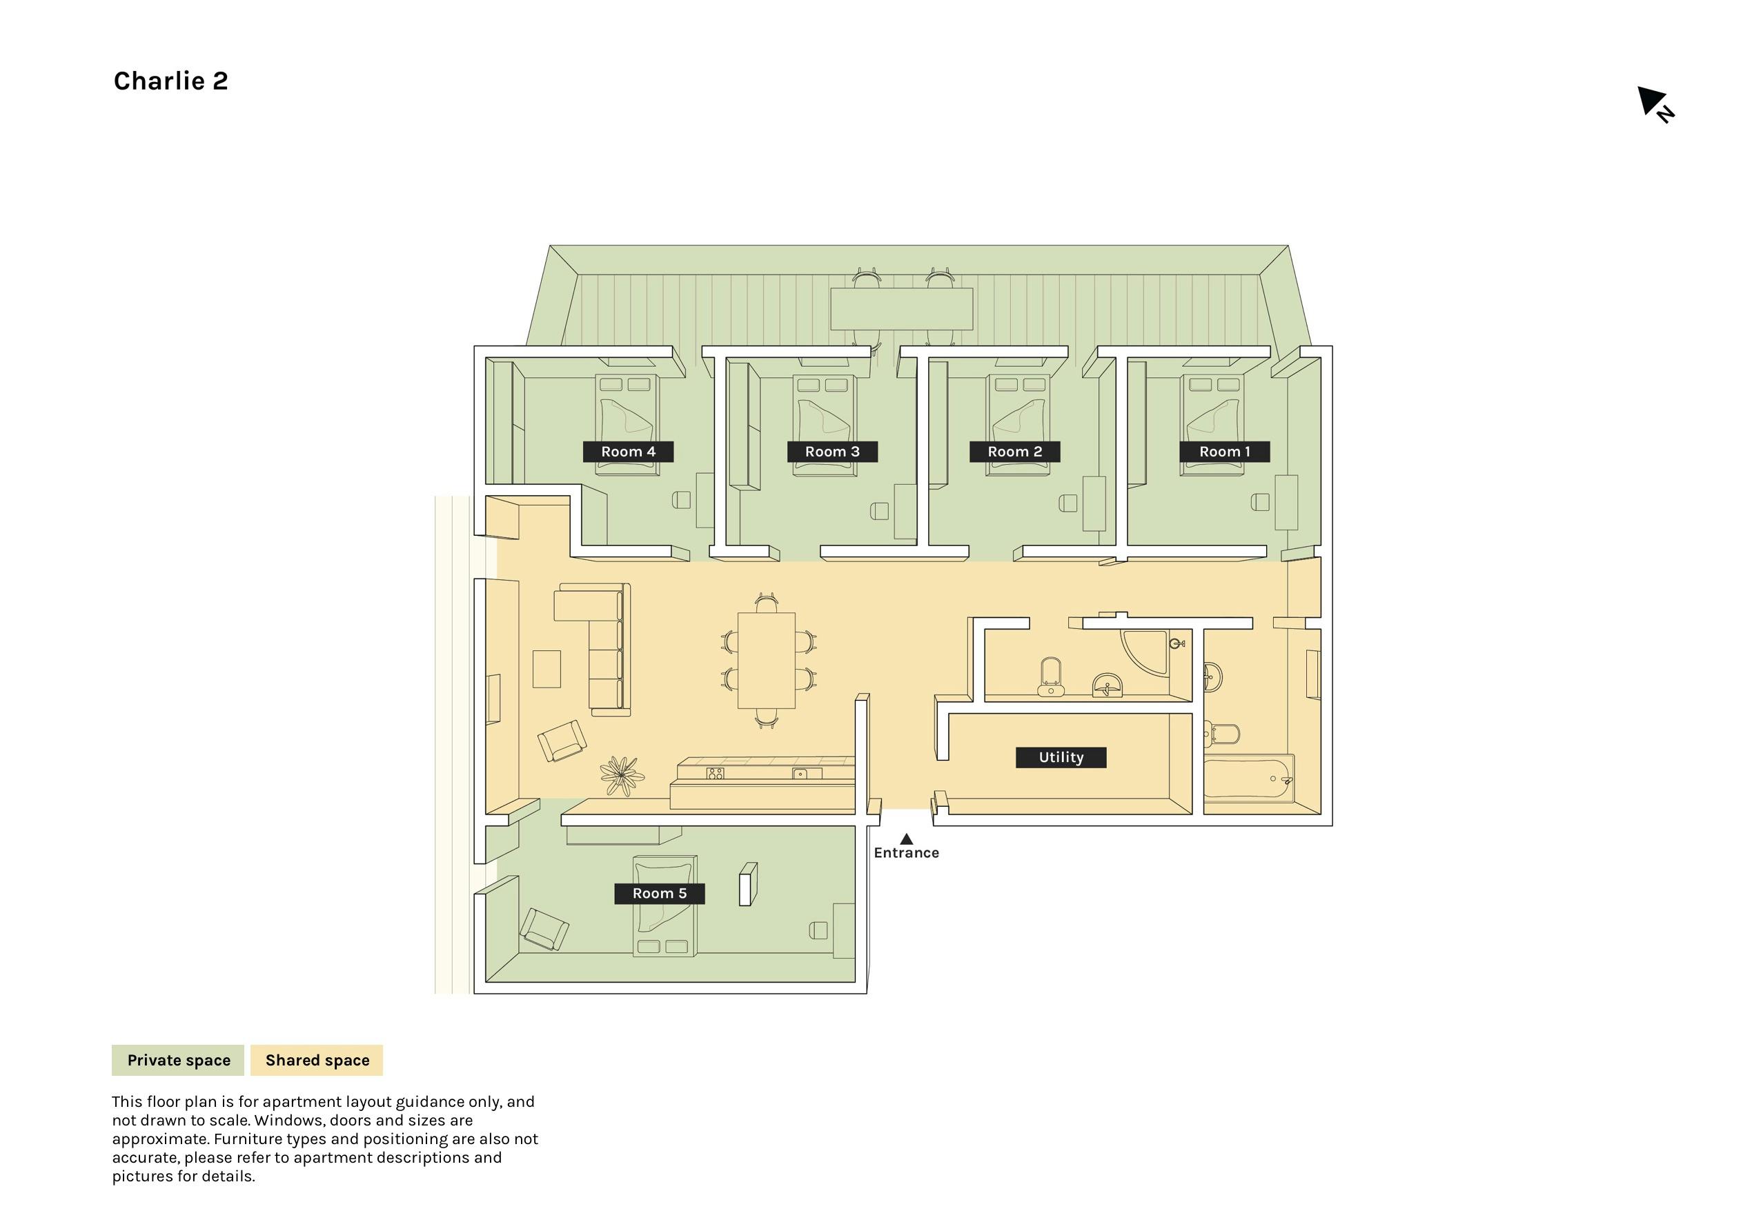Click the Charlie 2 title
point(171,81)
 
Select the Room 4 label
point(628,452)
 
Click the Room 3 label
point(832,452)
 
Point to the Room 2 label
point(1014,452)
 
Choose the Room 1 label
point(1225,452)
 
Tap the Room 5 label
point(660,893)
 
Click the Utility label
point(1061,757)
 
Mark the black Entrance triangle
point(907,839)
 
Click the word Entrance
point(907,853)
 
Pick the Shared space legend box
point(317,1060)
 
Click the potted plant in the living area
point(622,776)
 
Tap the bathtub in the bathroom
point(1248,779)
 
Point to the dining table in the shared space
point(766,660)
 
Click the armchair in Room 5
point(544,930)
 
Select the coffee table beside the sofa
point(546,669)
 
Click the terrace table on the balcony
point(902,309)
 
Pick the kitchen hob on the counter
point(715,773)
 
